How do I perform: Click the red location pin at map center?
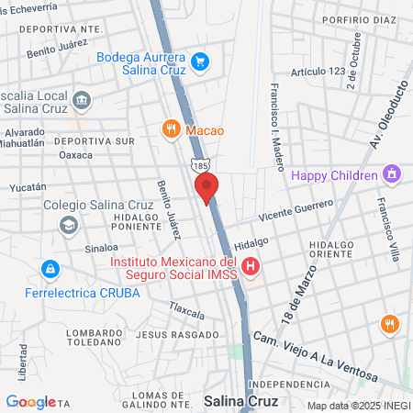207,187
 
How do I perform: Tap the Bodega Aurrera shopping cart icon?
200,62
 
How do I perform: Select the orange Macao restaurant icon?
170,129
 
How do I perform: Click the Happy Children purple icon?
391,174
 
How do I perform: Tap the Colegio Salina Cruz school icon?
69,225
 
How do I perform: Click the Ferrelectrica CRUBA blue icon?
50,270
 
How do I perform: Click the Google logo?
30,401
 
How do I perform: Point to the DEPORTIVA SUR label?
94,141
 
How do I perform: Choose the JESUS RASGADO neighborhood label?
169,335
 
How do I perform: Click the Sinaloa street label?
102,248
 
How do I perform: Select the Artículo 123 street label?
316,72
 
